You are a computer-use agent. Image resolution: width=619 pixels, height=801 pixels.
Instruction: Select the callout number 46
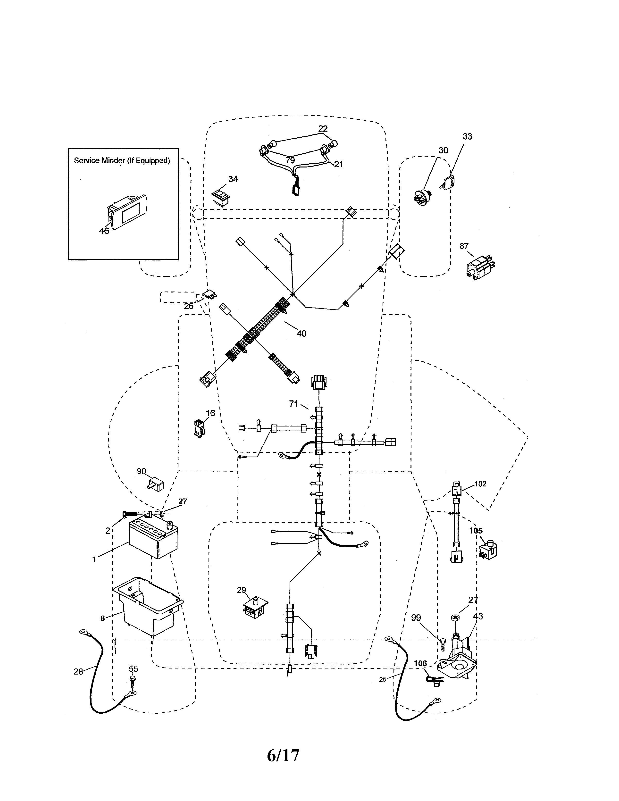coord(104,231)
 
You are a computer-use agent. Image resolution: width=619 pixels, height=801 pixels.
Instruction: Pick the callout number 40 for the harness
coord(301,333)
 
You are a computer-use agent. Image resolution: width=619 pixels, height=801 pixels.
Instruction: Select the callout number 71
coord(293,404)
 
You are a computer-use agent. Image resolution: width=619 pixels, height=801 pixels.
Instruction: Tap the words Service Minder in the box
coord(100,161)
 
